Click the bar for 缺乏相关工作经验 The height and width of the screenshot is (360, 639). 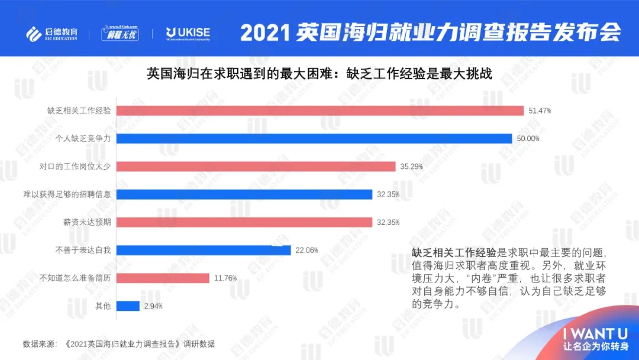[x=320, y=111]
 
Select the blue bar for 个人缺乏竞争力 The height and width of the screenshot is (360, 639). [x=314, y=139]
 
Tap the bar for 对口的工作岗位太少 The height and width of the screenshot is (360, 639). [x=256, y=166]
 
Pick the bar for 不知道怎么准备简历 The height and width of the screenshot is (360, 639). [x=163, y=278]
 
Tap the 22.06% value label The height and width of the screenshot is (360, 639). [x=307, y=250]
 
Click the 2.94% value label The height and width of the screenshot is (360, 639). [x=153, y=306]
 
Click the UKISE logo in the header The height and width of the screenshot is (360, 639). [x=188, y=33]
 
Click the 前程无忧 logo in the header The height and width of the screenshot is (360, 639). [x=120, y=33]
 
